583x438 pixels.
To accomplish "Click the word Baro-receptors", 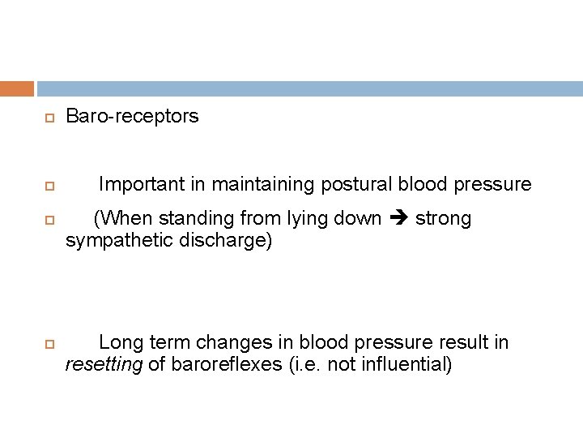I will pyautogui.click(x=131, y=117).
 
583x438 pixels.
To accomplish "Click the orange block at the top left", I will pyautogui.click(x=17, y=88).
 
